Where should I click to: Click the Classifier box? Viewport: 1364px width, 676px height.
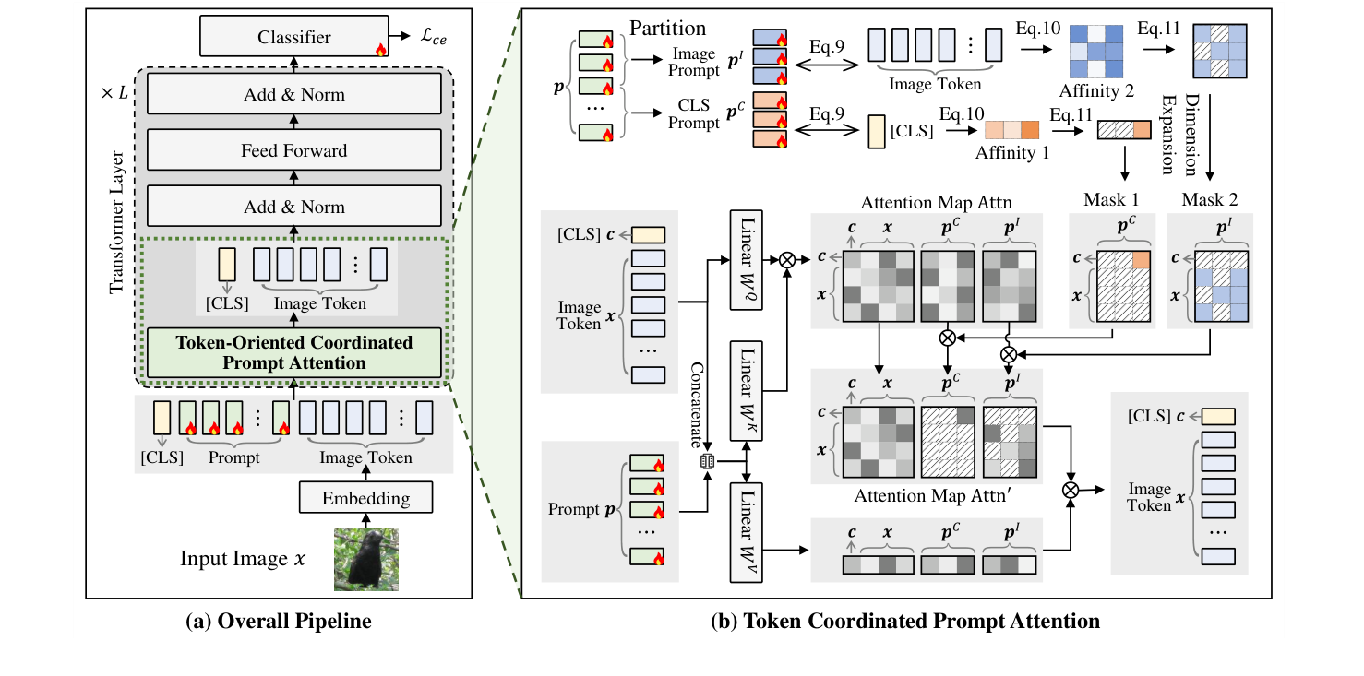[294, 38]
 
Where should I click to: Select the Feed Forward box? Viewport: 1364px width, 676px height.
[294, 150]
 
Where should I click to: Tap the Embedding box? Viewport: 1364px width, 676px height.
[366, 498]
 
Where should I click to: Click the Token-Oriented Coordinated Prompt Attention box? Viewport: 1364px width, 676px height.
[294, 352]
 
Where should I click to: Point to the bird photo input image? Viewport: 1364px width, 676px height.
[366, 558]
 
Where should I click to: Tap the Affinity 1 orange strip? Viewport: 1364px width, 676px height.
[1011, 130]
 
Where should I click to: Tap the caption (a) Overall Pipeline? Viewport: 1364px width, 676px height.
[279, 622]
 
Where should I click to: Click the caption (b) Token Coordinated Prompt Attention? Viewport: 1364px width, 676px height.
[904, 622]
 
